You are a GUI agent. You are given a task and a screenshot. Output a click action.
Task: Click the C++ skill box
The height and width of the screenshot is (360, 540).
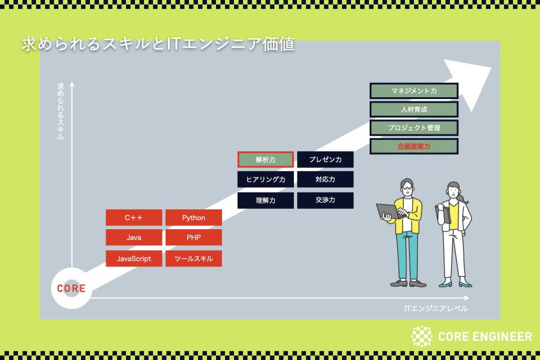(x=134, y=218)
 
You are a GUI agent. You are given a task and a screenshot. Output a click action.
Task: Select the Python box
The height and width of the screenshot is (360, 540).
(x=193, y=218)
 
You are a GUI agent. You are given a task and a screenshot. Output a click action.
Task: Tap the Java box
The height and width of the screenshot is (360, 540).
(x=134, y=238)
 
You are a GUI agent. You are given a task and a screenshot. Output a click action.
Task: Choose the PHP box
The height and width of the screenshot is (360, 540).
(x=193, y=238)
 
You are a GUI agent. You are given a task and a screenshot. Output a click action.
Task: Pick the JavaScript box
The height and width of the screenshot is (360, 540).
(x=134, y=259)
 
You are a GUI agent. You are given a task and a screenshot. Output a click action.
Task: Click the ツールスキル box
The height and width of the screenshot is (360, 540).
(x=193, y=259)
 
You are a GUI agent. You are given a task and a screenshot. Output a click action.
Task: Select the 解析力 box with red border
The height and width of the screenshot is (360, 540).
(x=265, y=160)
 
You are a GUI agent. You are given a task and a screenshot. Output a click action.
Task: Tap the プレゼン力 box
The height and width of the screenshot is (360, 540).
(x=325, y=160)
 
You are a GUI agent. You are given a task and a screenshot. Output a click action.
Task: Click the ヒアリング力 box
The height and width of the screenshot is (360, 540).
(x=265, y=179)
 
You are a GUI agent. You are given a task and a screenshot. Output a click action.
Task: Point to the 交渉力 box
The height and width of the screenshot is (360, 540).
(x=325, y=200)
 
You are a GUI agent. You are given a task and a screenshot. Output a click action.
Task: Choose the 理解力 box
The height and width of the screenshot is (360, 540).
(x=265, y=200)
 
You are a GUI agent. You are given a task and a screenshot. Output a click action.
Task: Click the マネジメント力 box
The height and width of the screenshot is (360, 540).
(x=414, y=91)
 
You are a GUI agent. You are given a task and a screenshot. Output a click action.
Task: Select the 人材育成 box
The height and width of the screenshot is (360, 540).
(x=414, y=109)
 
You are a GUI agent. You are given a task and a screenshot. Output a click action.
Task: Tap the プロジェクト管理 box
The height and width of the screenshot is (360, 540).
(x=414, y=128)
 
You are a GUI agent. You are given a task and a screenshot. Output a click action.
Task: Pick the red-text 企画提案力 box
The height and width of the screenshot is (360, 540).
(x=414, y=146)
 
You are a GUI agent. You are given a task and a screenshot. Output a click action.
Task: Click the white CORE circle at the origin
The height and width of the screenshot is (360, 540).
(x=71, y=289)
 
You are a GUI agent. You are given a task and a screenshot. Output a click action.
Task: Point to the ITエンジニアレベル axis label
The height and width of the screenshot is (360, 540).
(x=436, y=308)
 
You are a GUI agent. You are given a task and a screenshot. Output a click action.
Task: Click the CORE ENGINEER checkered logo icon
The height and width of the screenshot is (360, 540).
(x=421, y=337)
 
